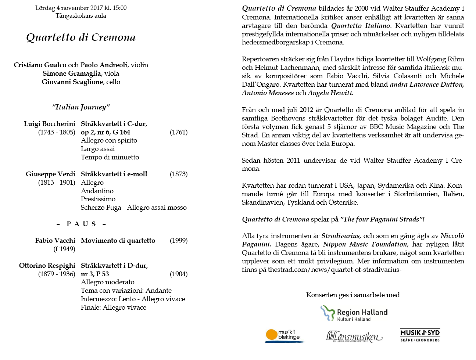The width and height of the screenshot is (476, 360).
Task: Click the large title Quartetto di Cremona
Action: coord(81,37)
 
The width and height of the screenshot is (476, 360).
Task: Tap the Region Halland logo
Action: coord(354,314)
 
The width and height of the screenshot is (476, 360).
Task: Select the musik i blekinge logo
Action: coord(284,335)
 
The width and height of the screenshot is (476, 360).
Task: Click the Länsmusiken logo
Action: coord(354,336)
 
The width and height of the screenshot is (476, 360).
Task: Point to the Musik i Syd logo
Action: coord(420,335)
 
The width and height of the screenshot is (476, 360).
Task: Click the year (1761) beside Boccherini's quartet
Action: coord(179,132)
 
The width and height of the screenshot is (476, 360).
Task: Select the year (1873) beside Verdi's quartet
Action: coord(179,174)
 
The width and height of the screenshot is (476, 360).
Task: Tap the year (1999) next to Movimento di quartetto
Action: coord(179,241)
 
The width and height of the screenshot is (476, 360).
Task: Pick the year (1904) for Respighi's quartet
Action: coord(179,274)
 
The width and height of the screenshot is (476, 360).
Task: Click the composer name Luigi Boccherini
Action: coord(50,124)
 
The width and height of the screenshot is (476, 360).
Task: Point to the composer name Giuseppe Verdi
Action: coord(50,174)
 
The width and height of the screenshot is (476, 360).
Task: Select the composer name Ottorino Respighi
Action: coord(47,266)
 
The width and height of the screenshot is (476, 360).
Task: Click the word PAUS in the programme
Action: coord(81,224)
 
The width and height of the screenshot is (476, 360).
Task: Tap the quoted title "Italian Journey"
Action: coord(81,107)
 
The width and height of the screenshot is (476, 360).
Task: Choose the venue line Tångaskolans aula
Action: coord(81,16)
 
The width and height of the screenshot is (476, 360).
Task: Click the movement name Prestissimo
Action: coord(98,199)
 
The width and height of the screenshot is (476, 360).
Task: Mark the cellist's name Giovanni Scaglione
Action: coord(72,82)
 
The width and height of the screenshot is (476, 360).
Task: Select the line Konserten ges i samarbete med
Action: coord(353,295)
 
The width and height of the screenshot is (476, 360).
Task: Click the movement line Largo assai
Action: coord(98,149)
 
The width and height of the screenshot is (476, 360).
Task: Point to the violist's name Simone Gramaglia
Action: coord(72,73)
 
